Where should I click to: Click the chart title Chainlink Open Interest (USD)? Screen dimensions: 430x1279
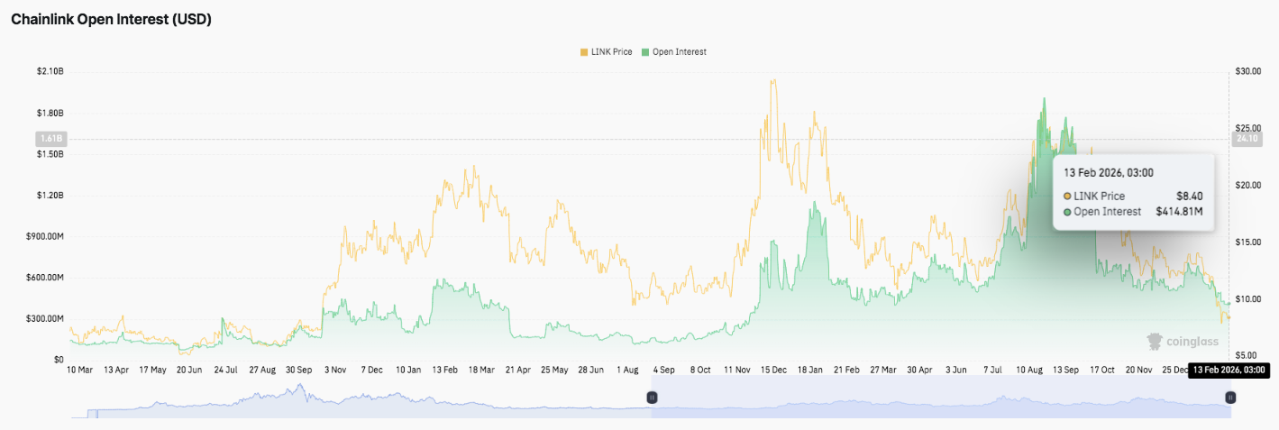click(111, 20)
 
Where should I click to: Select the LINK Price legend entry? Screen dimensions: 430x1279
click(608, 52)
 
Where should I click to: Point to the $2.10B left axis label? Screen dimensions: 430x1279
click(50, 71)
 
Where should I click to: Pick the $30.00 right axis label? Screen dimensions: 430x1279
click(1247, 71)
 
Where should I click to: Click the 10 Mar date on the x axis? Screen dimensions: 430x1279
click(80, 370)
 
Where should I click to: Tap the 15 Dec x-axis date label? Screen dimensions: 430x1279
click(774, 370)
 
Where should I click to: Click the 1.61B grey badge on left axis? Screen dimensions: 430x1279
click(50, 139)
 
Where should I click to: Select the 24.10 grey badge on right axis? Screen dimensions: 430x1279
click(1247, 139)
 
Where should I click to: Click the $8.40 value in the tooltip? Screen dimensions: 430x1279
click(1189, 196)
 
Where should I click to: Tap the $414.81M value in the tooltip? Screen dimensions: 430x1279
click(1179, 212)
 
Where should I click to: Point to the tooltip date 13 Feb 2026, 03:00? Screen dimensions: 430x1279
click(1109, 172)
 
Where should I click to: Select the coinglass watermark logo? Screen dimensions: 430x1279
click(1182, 342)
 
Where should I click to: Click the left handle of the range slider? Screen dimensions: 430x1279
click(652, 398)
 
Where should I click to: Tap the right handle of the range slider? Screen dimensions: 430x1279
click(1229, 398)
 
